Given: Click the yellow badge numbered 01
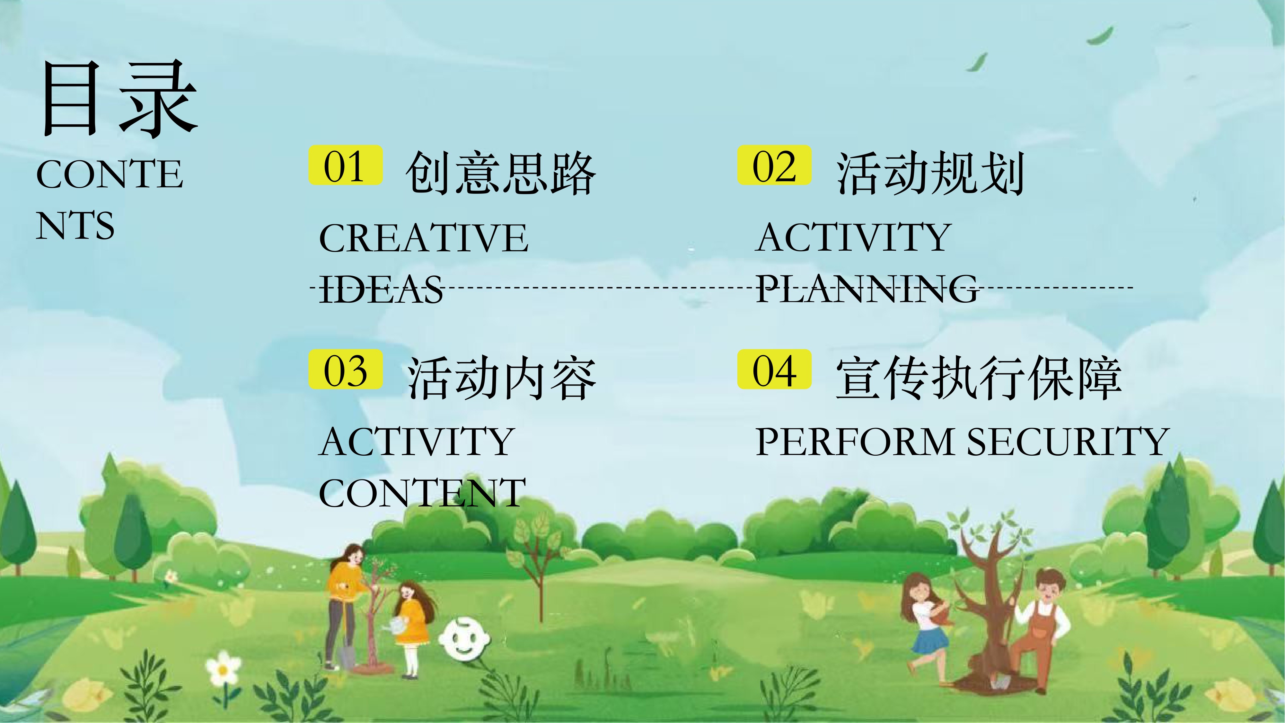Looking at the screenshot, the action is point(345,165).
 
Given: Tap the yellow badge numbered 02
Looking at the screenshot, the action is point(774,165).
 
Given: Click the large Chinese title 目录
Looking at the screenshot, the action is point(120,98).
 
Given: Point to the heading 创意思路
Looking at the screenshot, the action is point(501,173).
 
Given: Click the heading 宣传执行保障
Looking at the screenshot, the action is point(979,378).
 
